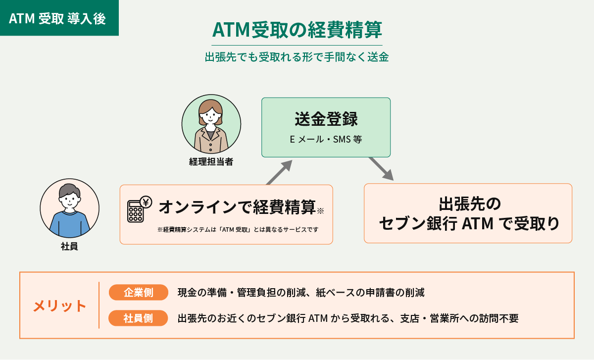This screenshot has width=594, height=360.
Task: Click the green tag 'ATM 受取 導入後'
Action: tap(59, 18)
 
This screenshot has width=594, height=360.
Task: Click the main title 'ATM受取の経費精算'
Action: tap(297, 30)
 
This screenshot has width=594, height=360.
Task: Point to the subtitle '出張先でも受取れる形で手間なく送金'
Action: tap(297, 57)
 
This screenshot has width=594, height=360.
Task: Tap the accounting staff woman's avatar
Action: tap(211, 124)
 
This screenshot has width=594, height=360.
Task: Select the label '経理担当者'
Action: tap(211, 161)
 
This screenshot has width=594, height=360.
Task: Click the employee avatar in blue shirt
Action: tap(70, 208)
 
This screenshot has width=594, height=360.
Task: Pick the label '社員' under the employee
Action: tap(69, 247)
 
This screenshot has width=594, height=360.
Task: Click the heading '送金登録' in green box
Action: tap(326, 119)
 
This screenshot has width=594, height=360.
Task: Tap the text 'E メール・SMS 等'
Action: tap(326, 139)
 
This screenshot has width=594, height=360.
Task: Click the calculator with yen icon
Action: tap(140, 209)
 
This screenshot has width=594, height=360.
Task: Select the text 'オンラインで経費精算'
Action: tap(237, 207)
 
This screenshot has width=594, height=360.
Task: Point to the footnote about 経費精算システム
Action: tap(238, 229)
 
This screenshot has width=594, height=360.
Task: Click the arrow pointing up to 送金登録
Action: tap(279, 172)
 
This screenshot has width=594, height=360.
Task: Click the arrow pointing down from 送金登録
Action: tap(381, 169)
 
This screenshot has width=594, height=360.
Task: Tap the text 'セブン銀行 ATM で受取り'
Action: tap(469, 223)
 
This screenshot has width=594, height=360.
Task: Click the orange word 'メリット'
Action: tap(59, 306)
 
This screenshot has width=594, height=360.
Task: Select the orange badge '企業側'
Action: tap(139, 292)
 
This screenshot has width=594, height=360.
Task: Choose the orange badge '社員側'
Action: tap(138, 318)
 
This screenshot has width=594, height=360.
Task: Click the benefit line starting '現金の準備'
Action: tap(301, 293)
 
